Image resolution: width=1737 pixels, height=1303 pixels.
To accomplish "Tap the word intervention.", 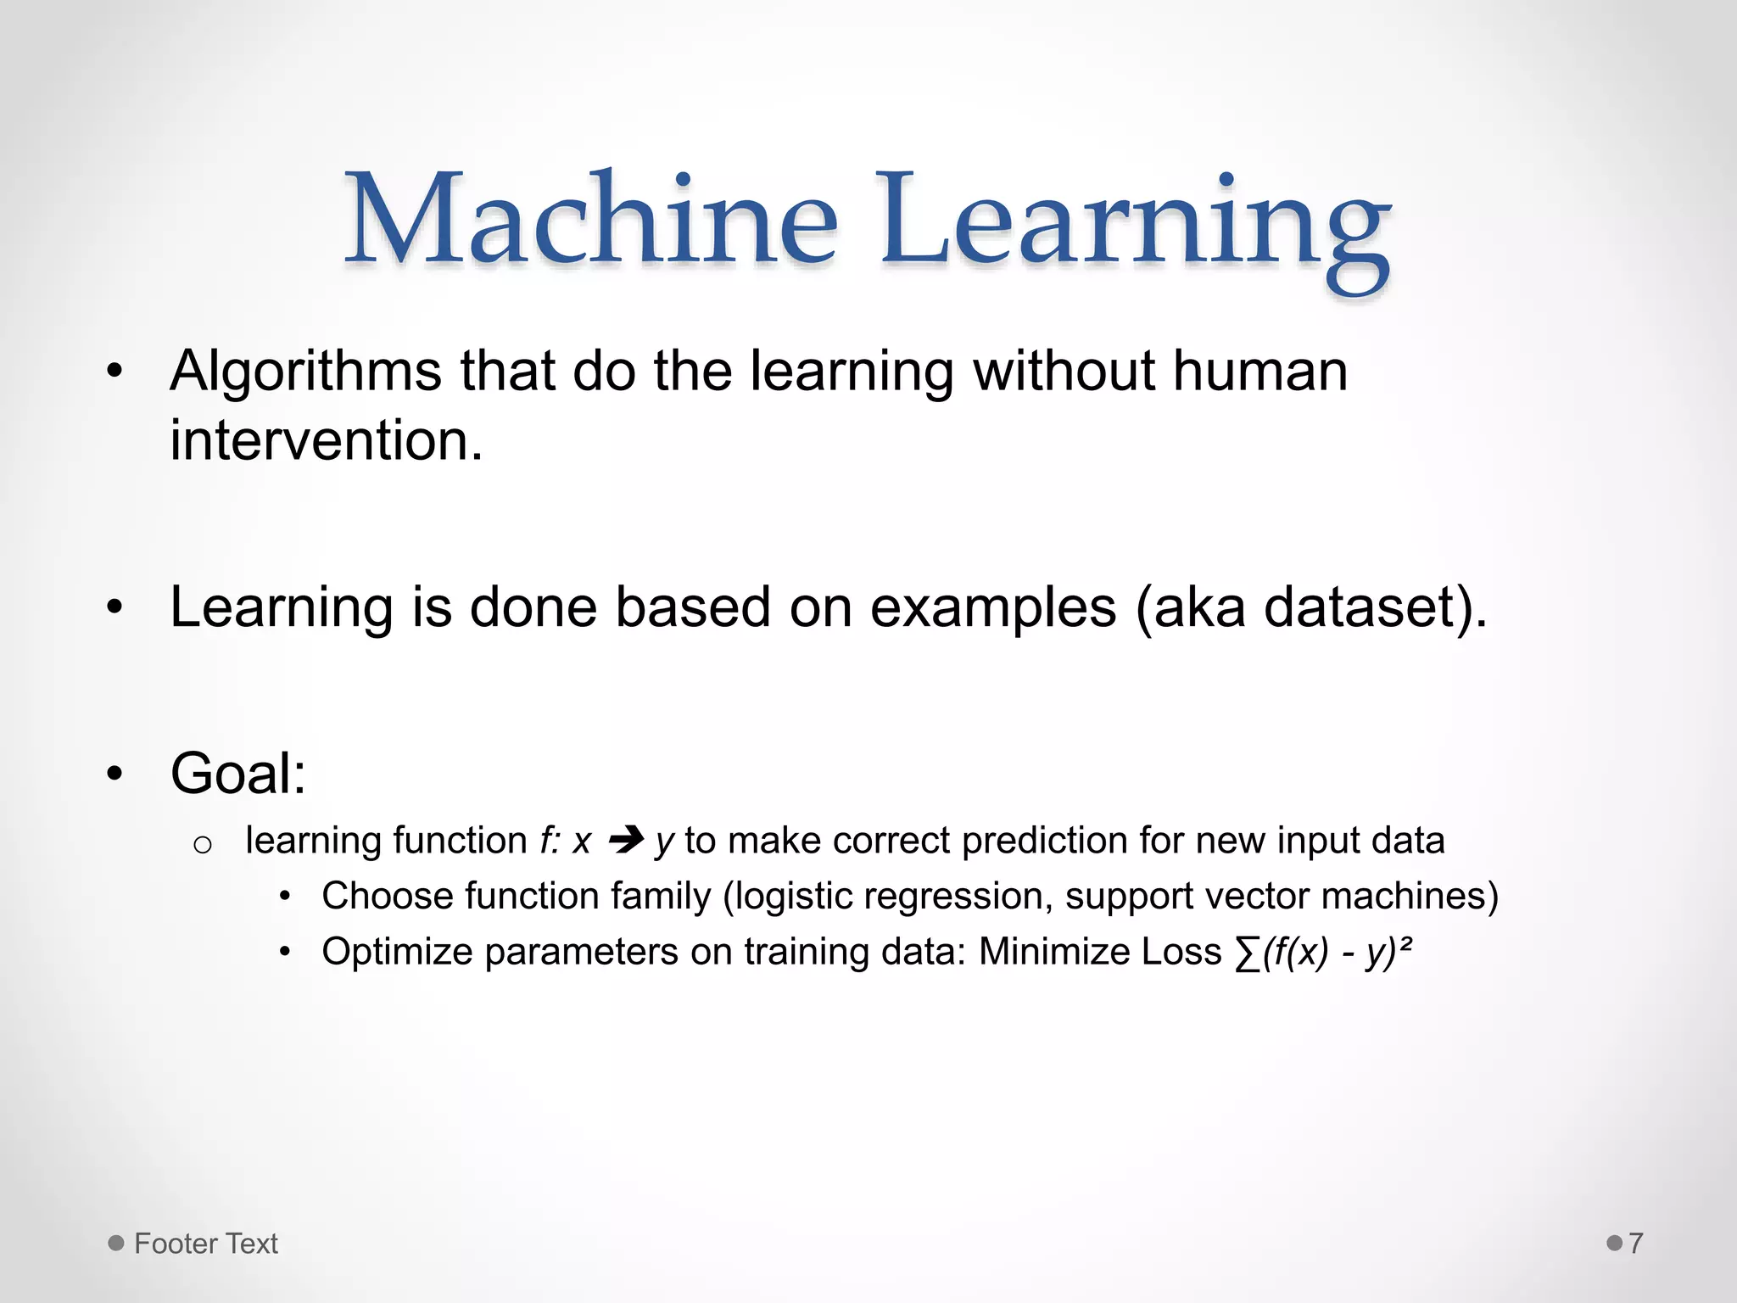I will click(326, 441).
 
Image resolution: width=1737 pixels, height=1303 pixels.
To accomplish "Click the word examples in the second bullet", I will click(993, 608).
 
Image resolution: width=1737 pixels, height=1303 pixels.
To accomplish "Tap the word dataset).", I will click(1375, 608).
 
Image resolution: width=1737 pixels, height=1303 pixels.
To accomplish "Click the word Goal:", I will click(238, 774).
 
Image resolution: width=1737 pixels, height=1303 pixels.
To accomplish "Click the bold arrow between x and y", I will click(626, 841).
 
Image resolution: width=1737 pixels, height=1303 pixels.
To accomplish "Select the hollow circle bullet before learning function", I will click(202, 844).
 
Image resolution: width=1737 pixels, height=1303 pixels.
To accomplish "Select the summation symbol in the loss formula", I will click(1248, 954).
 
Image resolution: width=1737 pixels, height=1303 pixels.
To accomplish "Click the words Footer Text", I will click(206, 1244).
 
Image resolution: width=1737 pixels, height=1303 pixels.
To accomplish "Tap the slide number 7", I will click(1636, 1244).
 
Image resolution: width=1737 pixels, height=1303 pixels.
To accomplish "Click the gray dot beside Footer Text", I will click(116, 1243).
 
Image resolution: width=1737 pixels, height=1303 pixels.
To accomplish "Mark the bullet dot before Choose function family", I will click(286, 897).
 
